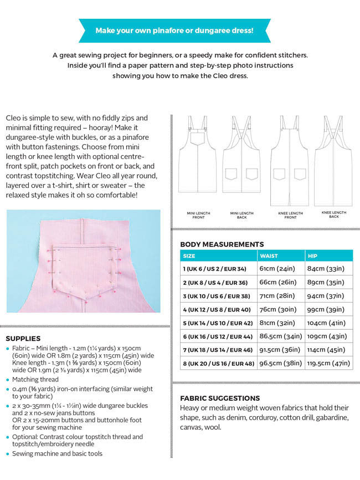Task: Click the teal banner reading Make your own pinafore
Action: pos(174,30)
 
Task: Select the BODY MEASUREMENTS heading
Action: pos(222,244)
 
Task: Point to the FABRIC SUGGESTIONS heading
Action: pos(220,398)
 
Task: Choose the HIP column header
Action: pos(313,256)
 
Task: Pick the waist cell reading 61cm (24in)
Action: pos(277,269)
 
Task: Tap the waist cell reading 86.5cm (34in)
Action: pos(280,336)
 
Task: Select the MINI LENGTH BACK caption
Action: pos(241,215)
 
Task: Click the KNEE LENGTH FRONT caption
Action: pos(290,215)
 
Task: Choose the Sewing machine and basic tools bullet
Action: pos(57,453)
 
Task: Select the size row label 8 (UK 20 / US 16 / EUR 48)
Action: pos(218,364)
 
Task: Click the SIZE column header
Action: pos(189,256)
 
